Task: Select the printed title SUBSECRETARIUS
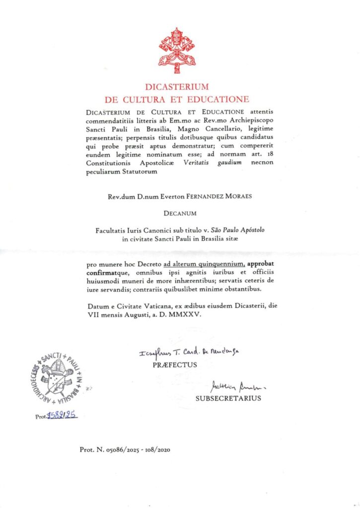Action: click(x=228, y=398)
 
